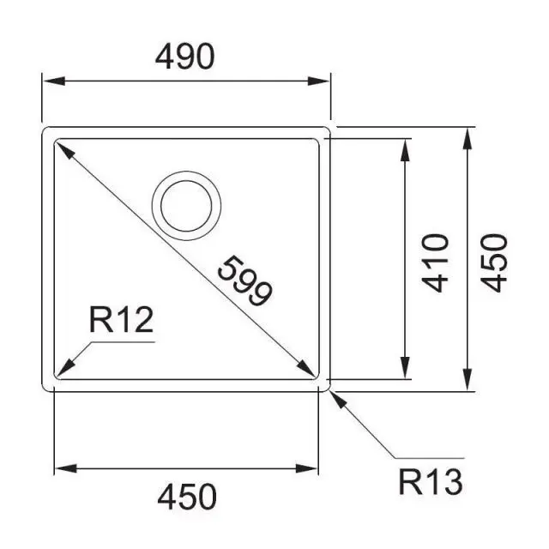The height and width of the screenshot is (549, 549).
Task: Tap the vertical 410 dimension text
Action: [x=437, y=262]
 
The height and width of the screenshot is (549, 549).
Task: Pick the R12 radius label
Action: [x=120, y=321]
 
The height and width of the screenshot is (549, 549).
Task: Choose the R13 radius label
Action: [x=431, y=482]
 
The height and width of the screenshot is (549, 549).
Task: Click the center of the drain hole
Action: [x=186, y=204]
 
